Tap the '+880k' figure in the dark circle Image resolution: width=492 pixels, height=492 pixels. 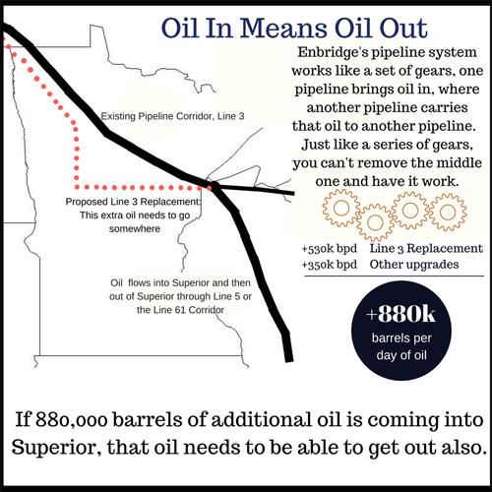point(399,314)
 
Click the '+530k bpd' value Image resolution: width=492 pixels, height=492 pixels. point(329,249)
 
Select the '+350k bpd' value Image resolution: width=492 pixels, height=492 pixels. point(329,264)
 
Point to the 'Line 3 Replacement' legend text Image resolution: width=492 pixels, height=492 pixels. point(426,249)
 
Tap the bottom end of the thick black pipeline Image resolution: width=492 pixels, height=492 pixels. point(288,356)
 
